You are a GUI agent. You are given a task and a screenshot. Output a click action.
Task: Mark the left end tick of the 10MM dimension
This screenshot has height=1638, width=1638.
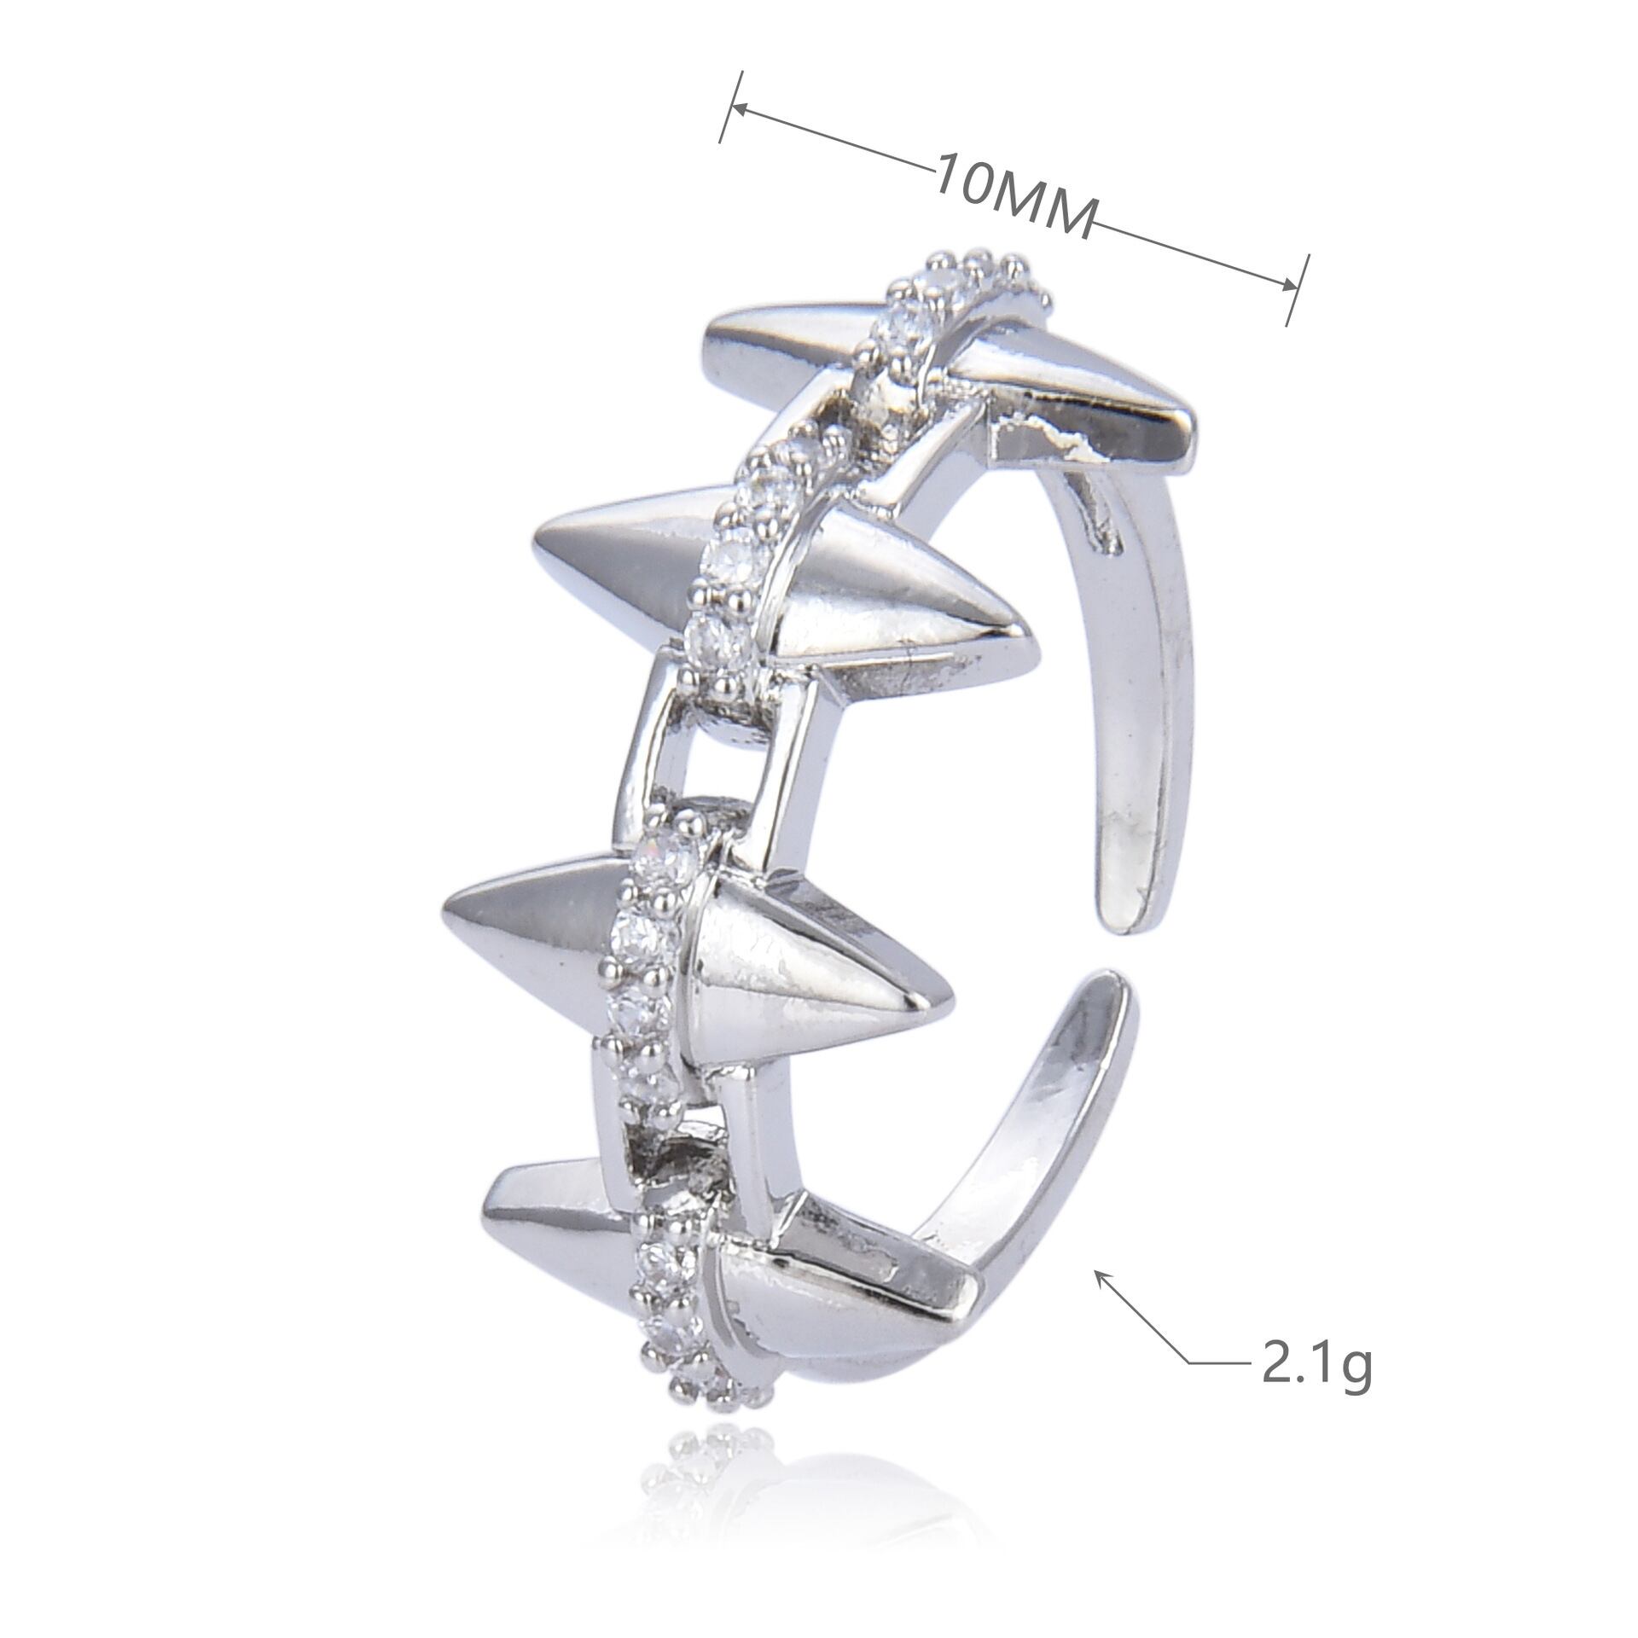coord(733,107)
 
